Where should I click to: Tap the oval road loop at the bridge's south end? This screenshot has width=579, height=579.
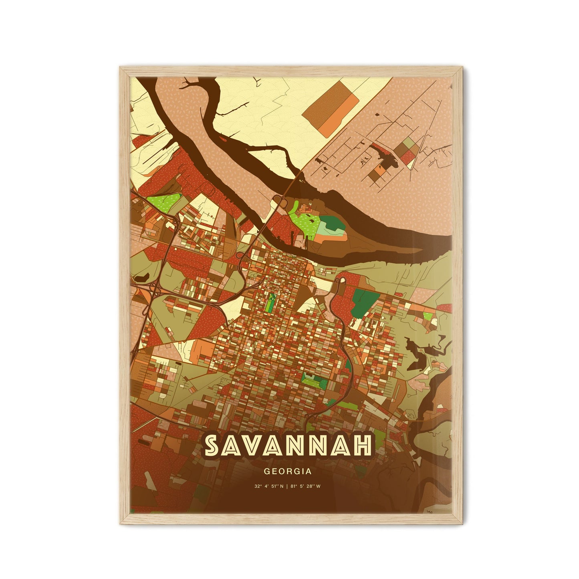pyautogui.click(x=279, y=200)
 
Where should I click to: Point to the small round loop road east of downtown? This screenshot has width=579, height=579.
pyautogui.click(x=343, y=280)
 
